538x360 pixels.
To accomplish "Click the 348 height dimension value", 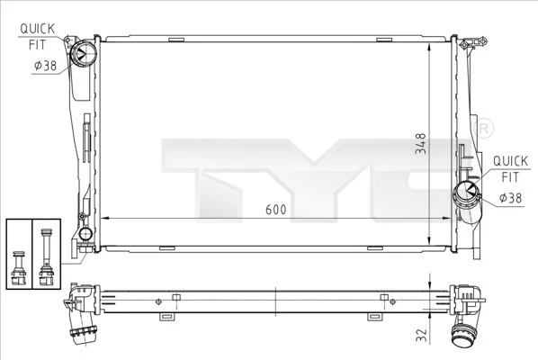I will point(420,151).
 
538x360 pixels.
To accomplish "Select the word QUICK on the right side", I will point(509,162).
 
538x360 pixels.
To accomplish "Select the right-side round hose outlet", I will point(468,192).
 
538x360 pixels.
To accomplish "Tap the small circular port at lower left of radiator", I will point(85,235).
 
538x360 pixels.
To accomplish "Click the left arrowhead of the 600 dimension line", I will point(101,217).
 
